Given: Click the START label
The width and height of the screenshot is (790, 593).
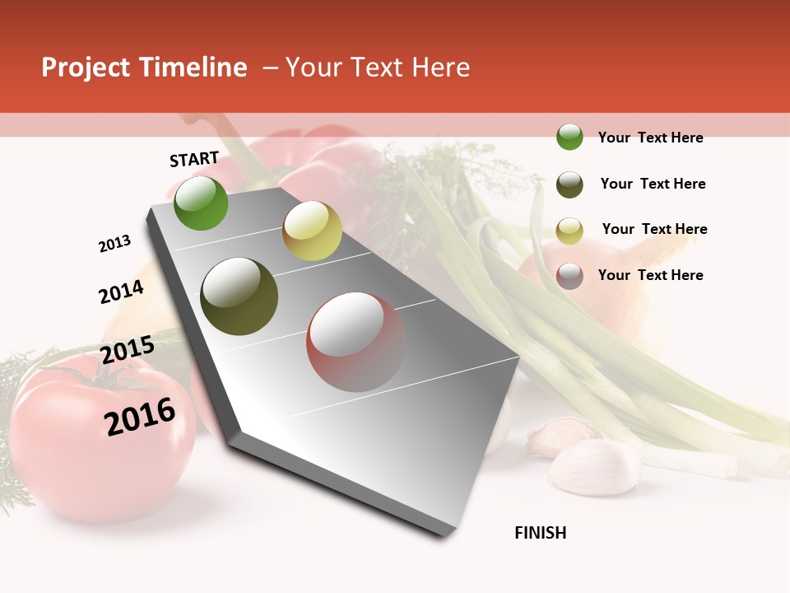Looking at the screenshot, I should click(x=194, y=159).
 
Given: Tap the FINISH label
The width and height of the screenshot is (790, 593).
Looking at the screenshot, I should click(x=540, y=533).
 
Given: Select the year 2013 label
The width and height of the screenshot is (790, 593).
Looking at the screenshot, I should click(x=114, y=244).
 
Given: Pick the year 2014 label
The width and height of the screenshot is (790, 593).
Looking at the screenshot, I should click(x=121, y=292).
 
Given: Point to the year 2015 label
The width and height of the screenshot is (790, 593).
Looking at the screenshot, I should click(x=128, y=349).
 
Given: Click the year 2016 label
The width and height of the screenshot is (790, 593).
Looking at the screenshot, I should click(x=140, y=416).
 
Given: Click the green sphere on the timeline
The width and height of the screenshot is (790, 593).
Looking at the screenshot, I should click(x=202, y=203).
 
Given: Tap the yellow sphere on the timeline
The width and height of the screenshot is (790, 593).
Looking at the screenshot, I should click(x=312, y=231).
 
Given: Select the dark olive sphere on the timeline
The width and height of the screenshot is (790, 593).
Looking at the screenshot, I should click(x=239, y=296).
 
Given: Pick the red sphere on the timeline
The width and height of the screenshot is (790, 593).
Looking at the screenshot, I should click(x=355, y=342).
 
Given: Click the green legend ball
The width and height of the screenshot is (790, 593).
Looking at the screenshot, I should click(x=569, y=137).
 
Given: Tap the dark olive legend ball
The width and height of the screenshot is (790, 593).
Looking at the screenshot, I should click(x=569, y=184).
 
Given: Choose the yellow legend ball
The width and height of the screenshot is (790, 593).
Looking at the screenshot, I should click(x=569, y=230).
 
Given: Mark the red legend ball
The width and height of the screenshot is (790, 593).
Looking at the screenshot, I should click(x=569, y=275).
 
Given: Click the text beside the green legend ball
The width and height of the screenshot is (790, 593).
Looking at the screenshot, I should click(x=650, y=138).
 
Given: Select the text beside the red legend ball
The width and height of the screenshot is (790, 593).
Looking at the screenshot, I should click(x=650, y=275).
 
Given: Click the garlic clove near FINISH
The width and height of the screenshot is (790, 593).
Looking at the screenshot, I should click(x=594, y=465).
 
